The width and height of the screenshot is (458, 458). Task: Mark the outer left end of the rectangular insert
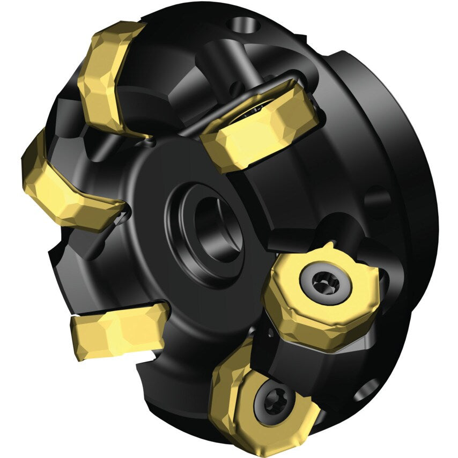point(78,333)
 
